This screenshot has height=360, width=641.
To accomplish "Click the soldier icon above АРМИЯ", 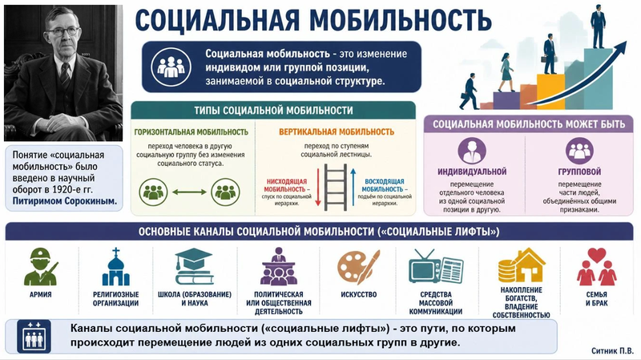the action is pos(41,267).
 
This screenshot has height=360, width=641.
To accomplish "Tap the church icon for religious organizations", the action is pos(115,266).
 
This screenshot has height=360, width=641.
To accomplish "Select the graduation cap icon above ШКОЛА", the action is pos(194,266).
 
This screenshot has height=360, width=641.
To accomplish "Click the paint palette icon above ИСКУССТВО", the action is pos(358,268).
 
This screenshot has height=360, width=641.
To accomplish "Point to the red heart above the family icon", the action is pos(596,255).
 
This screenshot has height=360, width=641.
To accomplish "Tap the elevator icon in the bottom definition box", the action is pos(34,337).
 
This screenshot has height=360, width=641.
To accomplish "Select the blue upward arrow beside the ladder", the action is pos(353,187).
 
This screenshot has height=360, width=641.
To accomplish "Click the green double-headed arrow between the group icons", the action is pos(189,192).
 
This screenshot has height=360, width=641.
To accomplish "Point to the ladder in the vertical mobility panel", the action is pos(336,188).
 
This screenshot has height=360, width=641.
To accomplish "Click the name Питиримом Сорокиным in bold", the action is pos(65,201).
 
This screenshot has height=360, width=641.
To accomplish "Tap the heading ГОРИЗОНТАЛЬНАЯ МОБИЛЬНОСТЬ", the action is pos(191,132).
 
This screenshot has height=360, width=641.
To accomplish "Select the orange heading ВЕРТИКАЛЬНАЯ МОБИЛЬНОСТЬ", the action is pos(337,131).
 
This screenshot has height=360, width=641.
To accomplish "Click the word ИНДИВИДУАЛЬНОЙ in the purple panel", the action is pos(472,172).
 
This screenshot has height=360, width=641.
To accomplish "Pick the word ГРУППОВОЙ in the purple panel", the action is pos(579,172).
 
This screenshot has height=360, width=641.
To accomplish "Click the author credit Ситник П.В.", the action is pos(612,351).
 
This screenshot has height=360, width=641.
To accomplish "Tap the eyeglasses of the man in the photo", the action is pos(62,31).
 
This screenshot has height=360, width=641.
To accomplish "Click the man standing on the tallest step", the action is pos(598,26).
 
